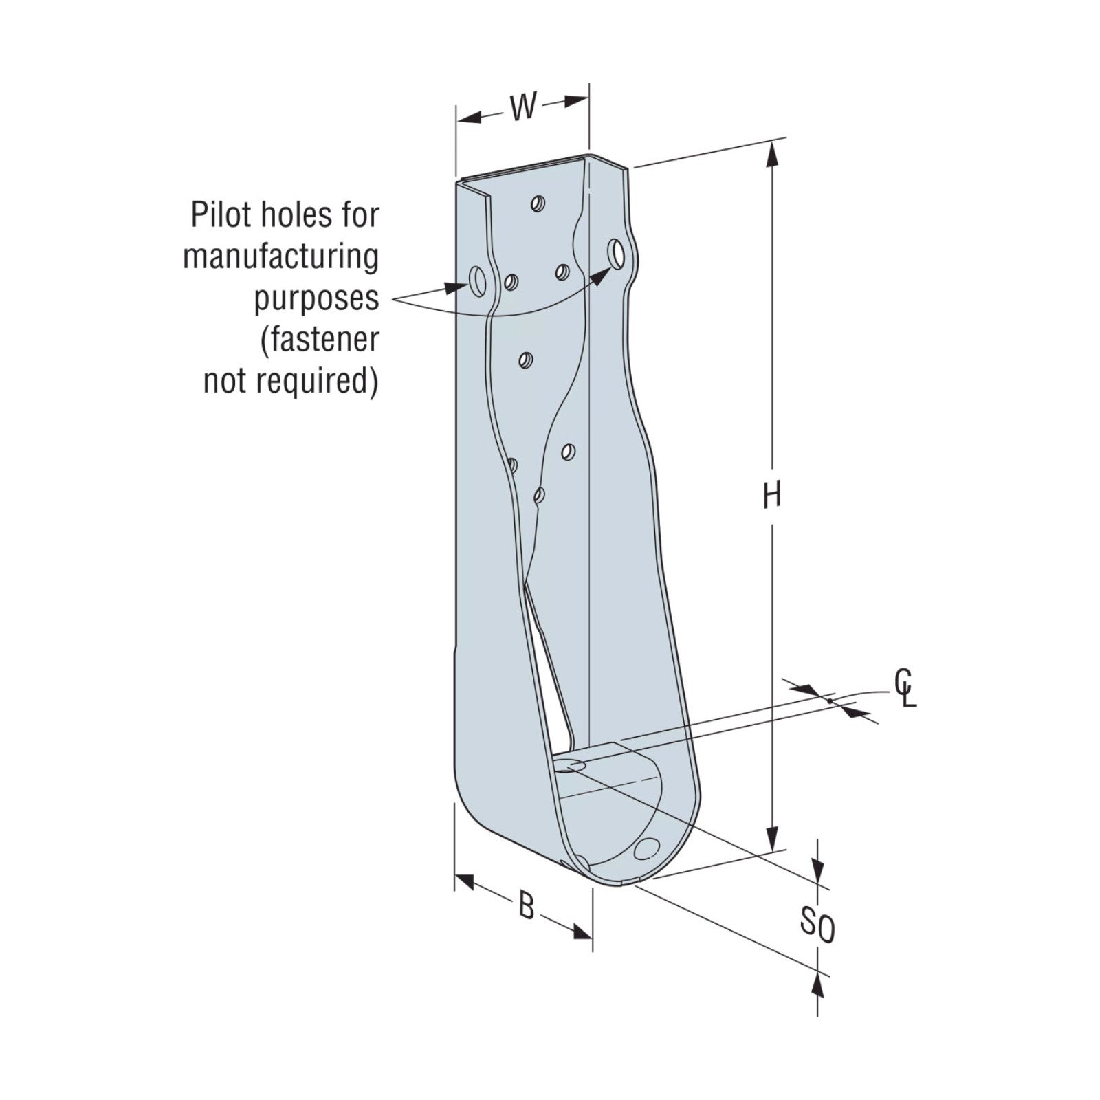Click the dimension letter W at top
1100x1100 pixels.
pos(523,107)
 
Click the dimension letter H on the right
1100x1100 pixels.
pos(772,495)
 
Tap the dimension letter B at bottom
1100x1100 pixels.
pos(526,906)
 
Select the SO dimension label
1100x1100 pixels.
pos(817,925)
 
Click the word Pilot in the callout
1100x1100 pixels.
pos(223,214)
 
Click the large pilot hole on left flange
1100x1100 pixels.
pos(476,282)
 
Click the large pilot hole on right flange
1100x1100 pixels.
pos(617,253)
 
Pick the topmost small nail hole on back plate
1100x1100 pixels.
pos(538,203)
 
